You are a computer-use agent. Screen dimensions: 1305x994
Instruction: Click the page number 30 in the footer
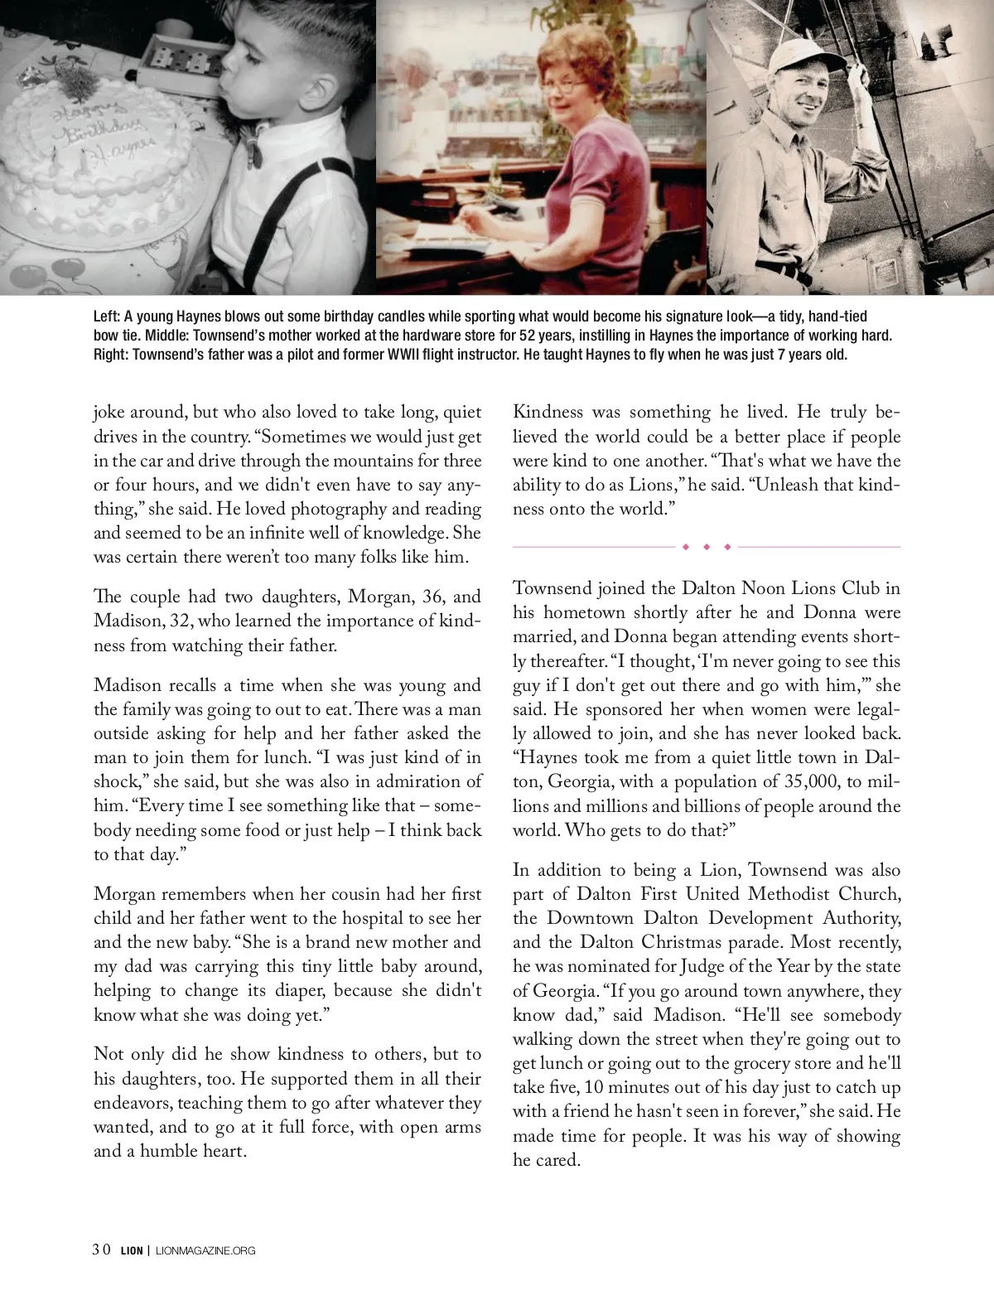(x=101, y=1250)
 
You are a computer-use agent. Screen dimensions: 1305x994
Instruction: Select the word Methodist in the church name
(x=788, y=894)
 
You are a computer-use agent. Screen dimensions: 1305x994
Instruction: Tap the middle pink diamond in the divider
(x=707, y=547)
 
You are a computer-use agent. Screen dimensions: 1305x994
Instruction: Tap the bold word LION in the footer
(x=132, y=1251)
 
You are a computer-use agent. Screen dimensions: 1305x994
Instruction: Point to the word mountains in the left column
(x=349, y=461)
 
